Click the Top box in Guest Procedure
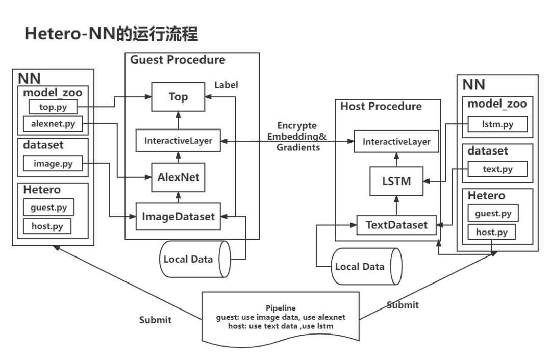(178, 97)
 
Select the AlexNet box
(178, 177)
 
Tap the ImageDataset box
(178, 217)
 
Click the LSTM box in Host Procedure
(396, 181)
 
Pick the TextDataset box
(396, 225)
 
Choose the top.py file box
(53, 107)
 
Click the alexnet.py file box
(53, 124)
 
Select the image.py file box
(53, 164)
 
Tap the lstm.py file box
(497, 124)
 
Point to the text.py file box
(497, 169)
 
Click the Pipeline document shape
(281, 318)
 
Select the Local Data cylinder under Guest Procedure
(195, 259)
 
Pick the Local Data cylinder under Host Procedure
(366, 267)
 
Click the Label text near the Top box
(227, 85)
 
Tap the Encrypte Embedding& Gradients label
(297, 137)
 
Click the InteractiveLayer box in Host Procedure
(396, 142)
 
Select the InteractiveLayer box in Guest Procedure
(178, 141)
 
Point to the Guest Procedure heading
(178, 60)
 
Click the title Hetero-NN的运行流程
(111, 34)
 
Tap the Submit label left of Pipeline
(155, 320)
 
